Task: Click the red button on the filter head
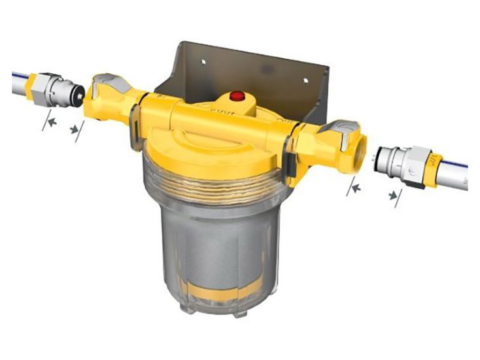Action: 237,97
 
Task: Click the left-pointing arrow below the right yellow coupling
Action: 356,188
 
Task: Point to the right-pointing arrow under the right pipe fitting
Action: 391,195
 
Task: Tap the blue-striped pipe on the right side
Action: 458,171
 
